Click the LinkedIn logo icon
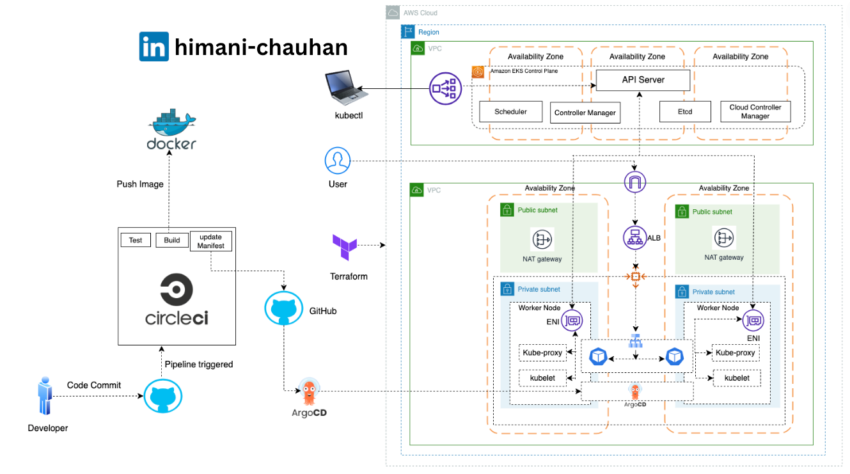pos(153,46)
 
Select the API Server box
pos(643,80)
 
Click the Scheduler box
pos(510,111)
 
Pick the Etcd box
pos(685,111)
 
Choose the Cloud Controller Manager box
pos(755,111)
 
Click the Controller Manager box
pos(585,113)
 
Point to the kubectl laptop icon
pos(345,87)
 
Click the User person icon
pos(337,160)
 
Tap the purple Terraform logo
pos(345,247)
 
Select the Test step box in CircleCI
pos(136,240)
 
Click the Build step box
pos(172,240)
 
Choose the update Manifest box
pos(210,241)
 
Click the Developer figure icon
pos(45,395)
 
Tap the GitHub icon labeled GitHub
pos(283,308)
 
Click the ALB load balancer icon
pos(634,238)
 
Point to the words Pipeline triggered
pos(199,365)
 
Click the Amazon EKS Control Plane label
pos(524,71)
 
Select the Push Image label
pos(140,184)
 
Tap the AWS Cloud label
pos(420,13)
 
